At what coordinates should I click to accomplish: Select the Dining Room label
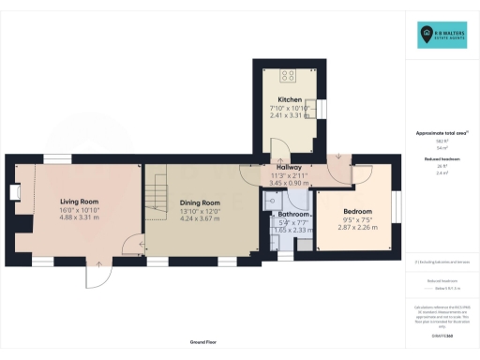click(199, 202)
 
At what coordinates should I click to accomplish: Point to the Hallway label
click(288, 167)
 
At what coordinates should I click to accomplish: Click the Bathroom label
click(283, 215)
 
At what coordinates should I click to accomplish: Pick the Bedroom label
click(356, 212)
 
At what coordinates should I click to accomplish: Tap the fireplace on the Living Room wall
click(15, 193)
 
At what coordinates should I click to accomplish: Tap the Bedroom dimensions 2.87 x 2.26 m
click(356, 228)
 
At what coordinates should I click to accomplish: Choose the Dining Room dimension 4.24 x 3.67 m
click(199, 218)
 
